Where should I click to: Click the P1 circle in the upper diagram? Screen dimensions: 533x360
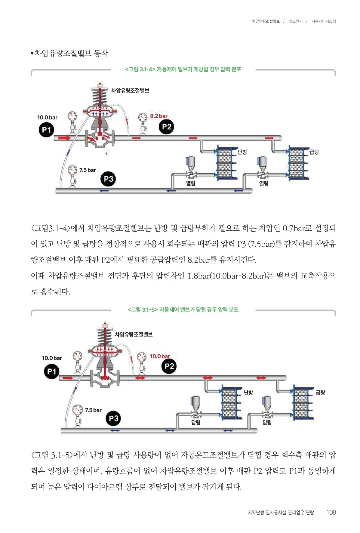point(46,130)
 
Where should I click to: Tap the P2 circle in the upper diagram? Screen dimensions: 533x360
point(166,127)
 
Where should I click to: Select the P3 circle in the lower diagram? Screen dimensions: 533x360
point(113,418)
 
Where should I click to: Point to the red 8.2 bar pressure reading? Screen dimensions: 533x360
point(159,116)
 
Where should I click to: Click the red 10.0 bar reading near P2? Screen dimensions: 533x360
point(160,356)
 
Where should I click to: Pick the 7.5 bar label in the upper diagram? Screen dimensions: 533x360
point(88,170)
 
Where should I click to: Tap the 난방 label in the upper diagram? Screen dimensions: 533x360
point(242,152)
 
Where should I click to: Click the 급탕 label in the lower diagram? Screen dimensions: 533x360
point(320,393)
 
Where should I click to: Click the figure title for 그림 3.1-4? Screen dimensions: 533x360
point(183,69)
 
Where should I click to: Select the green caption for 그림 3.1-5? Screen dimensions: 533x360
point(183,310)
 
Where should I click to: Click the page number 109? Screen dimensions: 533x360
point(331,513)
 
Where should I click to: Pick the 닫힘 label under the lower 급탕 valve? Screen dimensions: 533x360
point(267,422)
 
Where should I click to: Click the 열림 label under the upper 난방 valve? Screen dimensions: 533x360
point(191,183)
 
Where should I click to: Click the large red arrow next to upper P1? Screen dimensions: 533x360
point(64,138)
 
